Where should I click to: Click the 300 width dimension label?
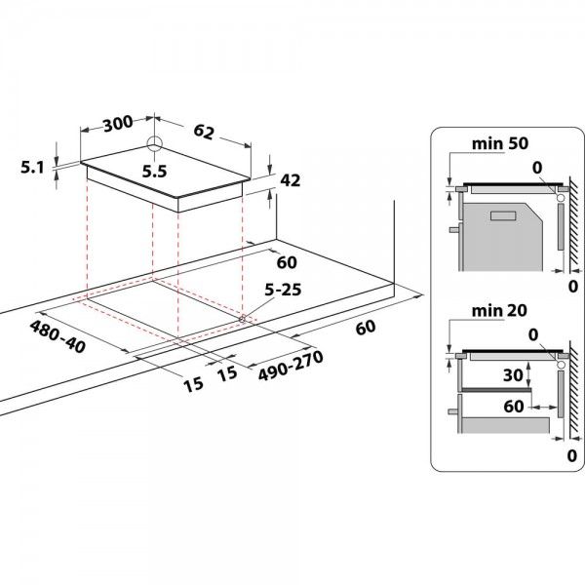pos(118,124)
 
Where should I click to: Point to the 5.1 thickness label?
pos(31,168)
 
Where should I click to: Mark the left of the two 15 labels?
pos(192,383)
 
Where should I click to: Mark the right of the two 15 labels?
pos(228,371)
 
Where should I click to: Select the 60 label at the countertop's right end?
pos(366,328)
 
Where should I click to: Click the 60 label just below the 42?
pos(286,261)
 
